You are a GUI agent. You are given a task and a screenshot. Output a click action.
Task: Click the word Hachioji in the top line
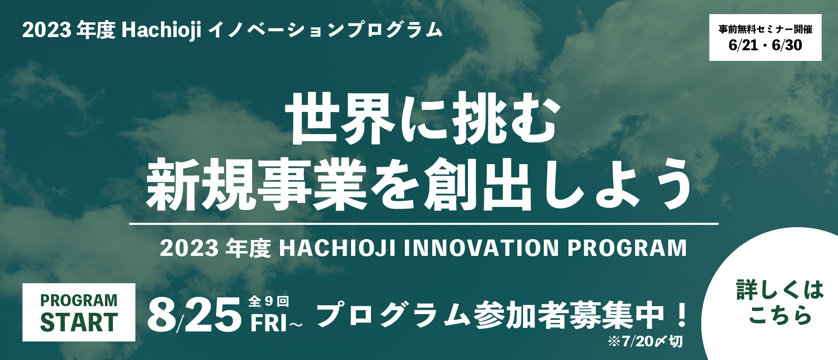pyautogui.click(x=161, y=30)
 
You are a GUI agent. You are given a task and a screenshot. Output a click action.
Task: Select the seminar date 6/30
pyautogui.click(x=787, y=45)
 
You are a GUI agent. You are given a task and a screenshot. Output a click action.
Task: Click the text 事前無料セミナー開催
pyautogui.click(x=765, y=30)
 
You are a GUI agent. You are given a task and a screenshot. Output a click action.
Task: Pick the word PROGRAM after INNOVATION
pyautogui.click(x=627, y=248)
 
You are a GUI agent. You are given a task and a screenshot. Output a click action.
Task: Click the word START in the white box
pyautogui.click(x=79, y=322)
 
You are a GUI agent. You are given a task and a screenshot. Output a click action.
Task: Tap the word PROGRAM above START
pyautogui.click(x=79, y=300)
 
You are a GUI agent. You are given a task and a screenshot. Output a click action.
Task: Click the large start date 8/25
pyautogui.click(x=194, y=315)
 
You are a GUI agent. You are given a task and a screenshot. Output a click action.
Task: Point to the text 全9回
pyautogui.click(x=269, y=301)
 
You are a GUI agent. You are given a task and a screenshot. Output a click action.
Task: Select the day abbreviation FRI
pyautogui.click(x=269, y=323)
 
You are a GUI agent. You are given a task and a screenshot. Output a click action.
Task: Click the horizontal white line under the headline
pyautogui.click(x=423, y=224)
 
